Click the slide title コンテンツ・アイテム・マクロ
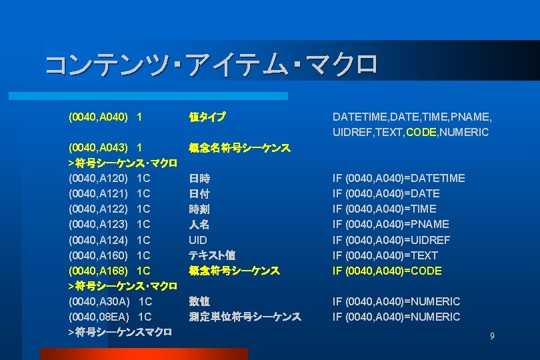(x=211, y=65)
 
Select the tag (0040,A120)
(x=98, y=178)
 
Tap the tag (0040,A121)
(x=98, y=193)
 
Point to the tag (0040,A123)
(x=98, y=224)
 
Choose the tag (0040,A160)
(x=98, y=255)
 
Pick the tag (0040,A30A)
(x=99, y=301)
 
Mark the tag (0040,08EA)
(x=99, y=317)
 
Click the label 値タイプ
(x=207, y=117)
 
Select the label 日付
(x=199, y=193)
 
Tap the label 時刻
(x=199, y=209)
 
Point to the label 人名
(x=199, y=224)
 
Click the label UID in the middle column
(x=198, y=240)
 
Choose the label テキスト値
(x=212, y=255)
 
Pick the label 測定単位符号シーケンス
(x=245, y=317)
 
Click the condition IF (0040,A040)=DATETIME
(x=399, y=178)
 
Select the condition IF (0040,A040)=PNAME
(x=391, y=224)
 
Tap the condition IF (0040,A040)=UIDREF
(x=391, y=240)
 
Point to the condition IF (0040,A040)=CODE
(x=387, y=271)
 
